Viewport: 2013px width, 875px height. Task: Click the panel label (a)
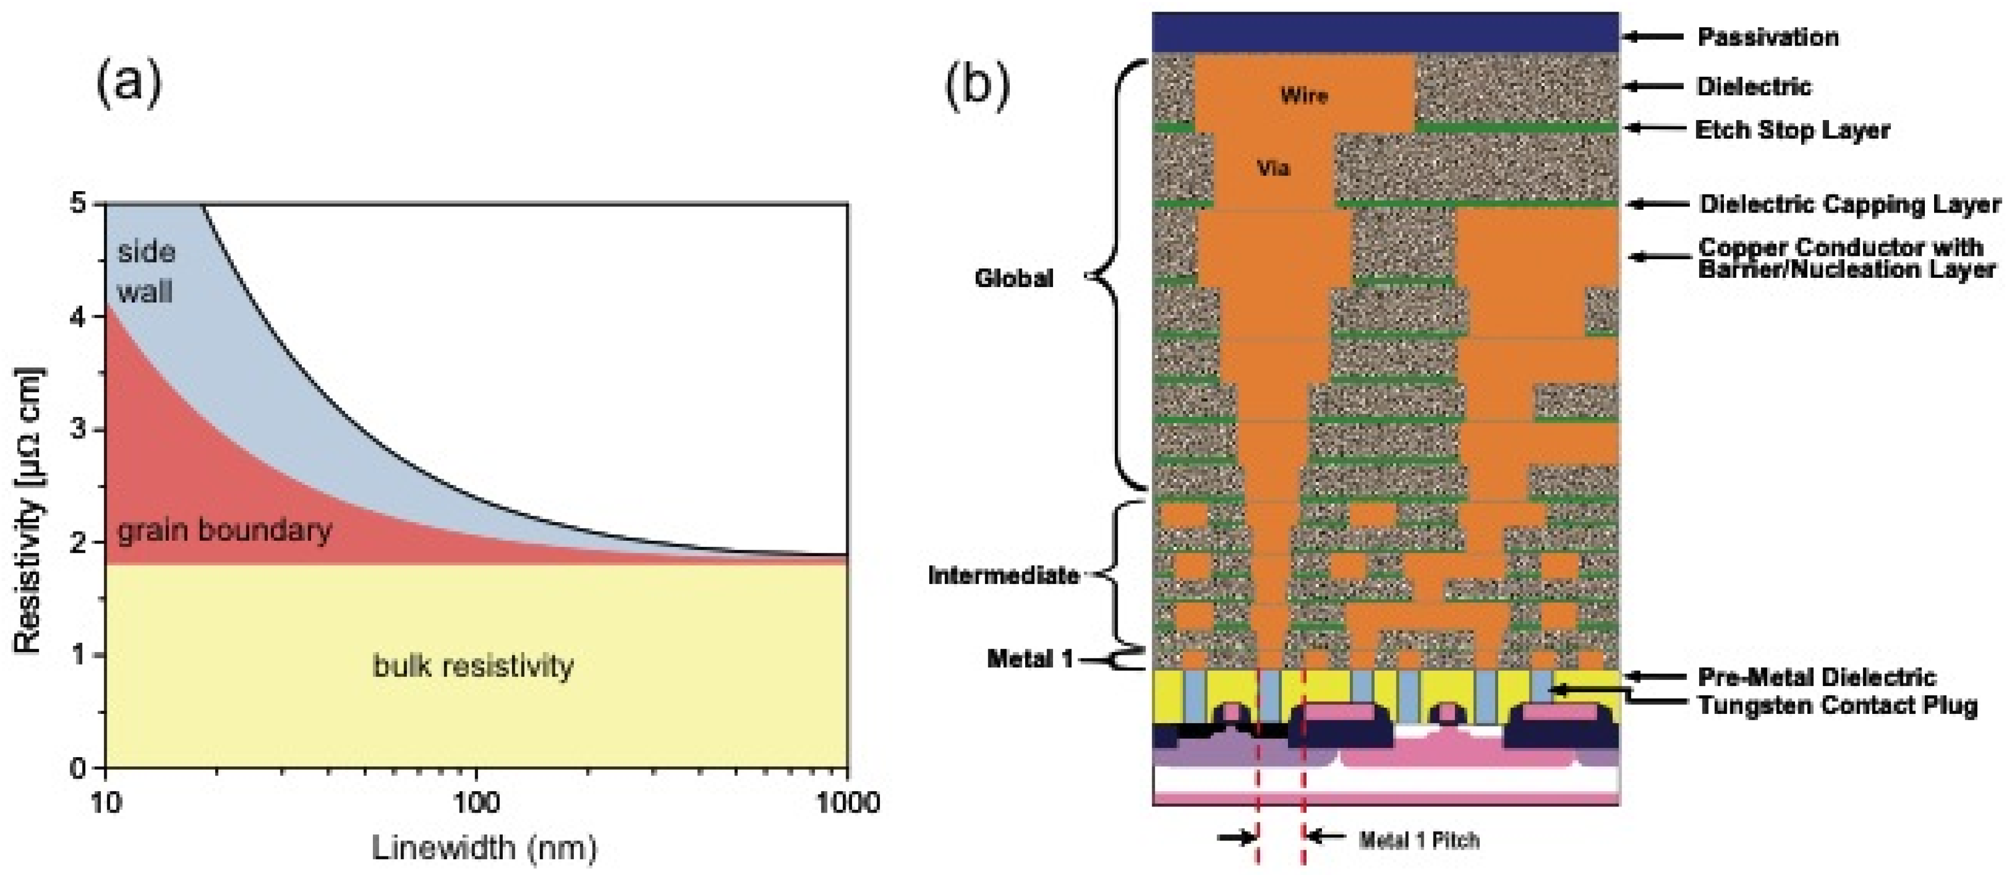[129, 84]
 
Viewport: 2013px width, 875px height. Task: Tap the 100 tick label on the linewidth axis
[476, 802]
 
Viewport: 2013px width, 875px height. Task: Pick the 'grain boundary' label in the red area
[225, 531]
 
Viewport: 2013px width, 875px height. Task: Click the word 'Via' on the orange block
[1273, 168]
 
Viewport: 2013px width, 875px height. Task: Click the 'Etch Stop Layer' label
[1792, 130]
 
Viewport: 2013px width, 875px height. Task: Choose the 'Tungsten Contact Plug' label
[1837, 705]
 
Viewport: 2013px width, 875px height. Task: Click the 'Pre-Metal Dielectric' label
[1817, 677]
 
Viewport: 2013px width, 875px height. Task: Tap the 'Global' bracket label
[1014, 278]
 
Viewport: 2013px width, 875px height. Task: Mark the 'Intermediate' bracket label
[1003, 575]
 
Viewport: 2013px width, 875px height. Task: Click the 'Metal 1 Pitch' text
[1419, 840]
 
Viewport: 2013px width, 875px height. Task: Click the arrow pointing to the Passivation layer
[1653, 36]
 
